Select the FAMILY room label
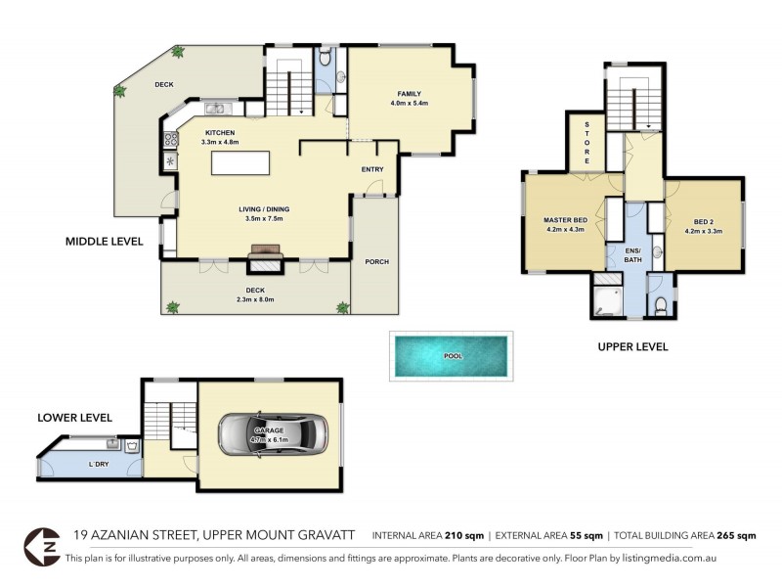pos(410,92)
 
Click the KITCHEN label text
pos(220,133)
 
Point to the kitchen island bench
pos(239,163)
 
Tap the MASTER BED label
pos(564,220)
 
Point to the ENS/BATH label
pos(633,257)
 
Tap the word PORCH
pos(375,261)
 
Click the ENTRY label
pos(372,169)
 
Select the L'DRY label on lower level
pos(98,463)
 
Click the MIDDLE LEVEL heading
pos(104,241)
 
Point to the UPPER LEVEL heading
pos(632,346)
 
